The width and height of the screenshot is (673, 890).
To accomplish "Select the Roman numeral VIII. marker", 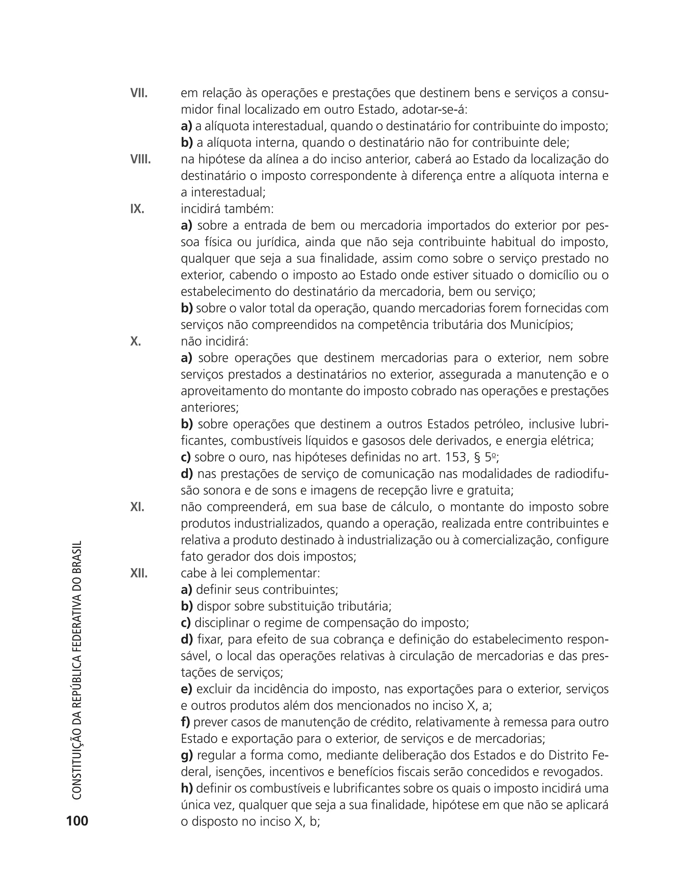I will click(x=140, y=160).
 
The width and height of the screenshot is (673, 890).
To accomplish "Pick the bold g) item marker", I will click(x=187, y=755).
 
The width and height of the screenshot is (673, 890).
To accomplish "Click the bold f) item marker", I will click(x=185, y=722).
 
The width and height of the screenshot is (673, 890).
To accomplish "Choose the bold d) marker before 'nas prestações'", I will click(x=187, y=474).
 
